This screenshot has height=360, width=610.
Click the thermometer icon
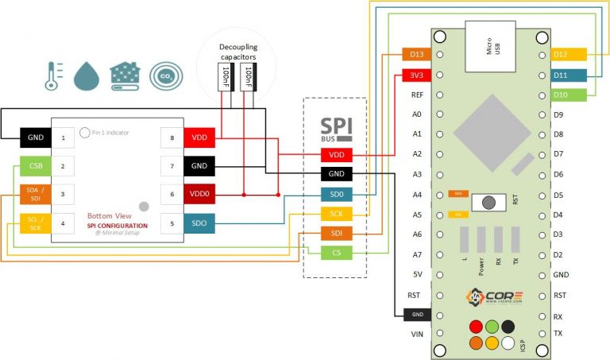(x=52, y=75)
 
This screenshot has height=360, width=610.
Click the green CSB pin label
(x=35, y=167)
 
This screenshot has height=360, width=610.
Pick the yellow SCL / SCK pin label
(x=35, y=224)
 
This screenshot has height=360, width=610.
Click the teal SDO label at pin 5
(x=199, y=224)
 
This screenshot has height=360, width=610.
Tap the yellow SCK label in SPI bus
(x=336, y=214)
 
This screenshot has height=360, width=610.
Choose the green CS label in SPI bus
(x=336, y=253)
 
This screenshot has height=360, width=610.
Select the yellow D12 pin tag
(x=568, y=55)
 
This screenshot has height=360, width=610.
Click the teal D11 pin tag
(x=568, y=75)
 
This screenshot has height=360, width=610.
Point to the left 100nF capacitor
(x=225, y=79)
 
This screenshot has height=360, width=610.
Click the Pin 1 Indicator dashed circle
(x=84, y=132)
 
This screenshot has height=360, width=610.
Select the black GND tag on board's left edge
(x=416, y=315)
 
